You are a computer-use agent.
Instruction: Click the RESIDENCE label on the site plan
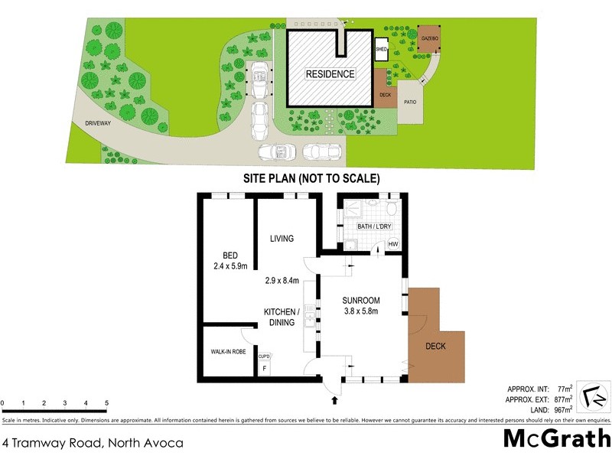[x=330, y=74]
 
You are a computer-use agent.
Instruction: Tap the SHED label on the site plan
[x=381, y=50]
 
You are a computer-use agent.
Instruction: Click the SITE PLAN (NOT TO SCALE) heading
[x=301, y=178]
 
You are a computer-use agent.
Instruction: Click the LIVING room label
[x=282, y=239]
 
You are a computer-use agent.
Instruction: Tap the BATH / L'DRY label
[x=369, y=227]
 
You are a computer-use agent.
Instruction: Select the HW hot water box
[x=393, y=244]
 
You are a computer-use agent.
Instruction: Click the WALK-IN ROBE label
[x=228, y=352]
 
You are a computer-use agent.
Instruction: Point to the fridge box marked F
[x=264, y=367]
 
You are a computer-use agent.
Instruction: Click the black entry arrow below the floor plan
[x=334, y=399]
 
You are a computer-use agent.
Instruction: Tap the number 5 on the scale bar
[x=106, y=403]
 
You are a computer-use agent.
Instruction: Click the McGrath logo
[x=556, y=438]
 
